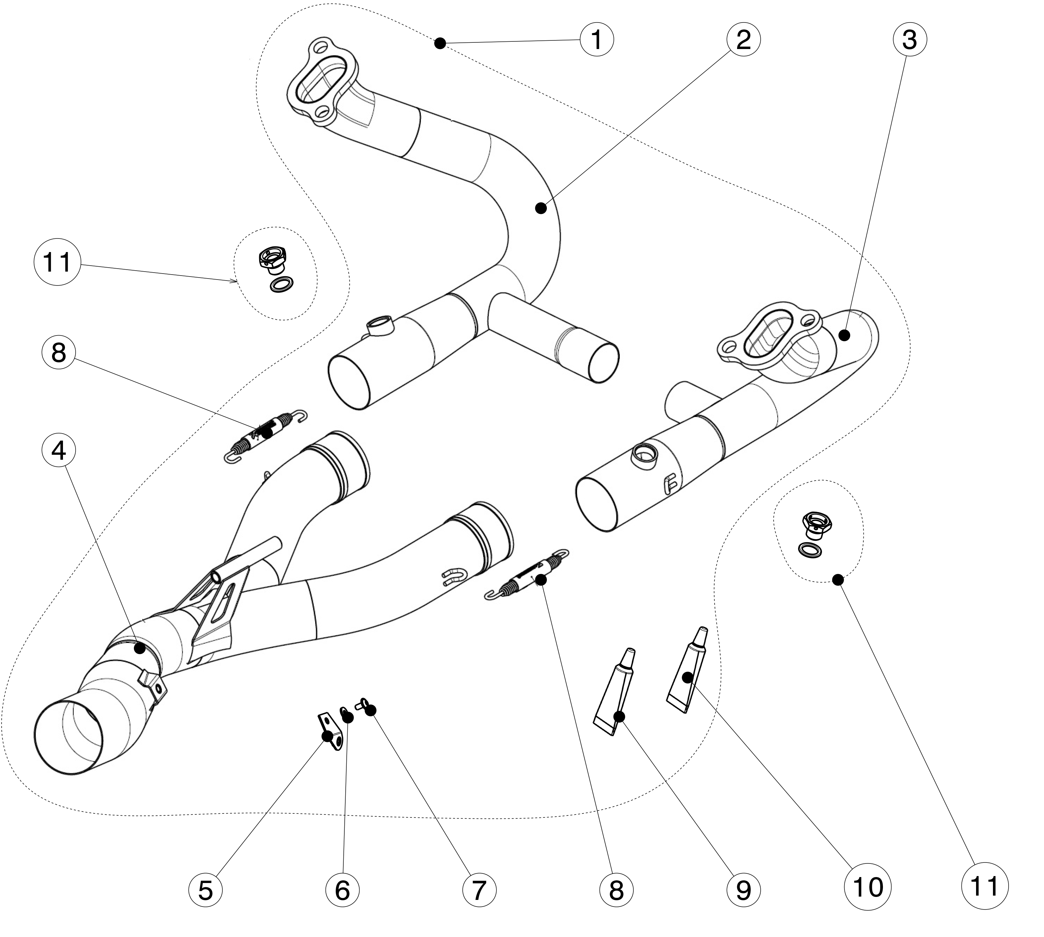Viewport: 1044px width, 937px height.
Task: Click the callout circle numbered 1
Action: (597, 40)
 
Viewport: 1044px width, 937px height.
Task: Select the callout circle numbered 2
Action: (743, 40)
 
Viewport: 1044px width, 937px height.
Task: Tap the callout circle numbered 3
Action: (909, 40)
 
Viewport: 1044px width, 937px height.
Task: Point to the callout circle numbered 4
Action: (59, 450)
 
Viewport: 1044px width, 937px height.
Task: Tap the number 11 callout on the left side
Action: (57, 263)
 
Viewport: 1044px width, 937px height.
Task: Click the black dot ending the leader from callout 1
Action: (440, 44)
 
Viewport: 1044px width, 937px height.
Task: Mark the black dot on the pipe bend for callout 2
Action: (540, 208)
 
